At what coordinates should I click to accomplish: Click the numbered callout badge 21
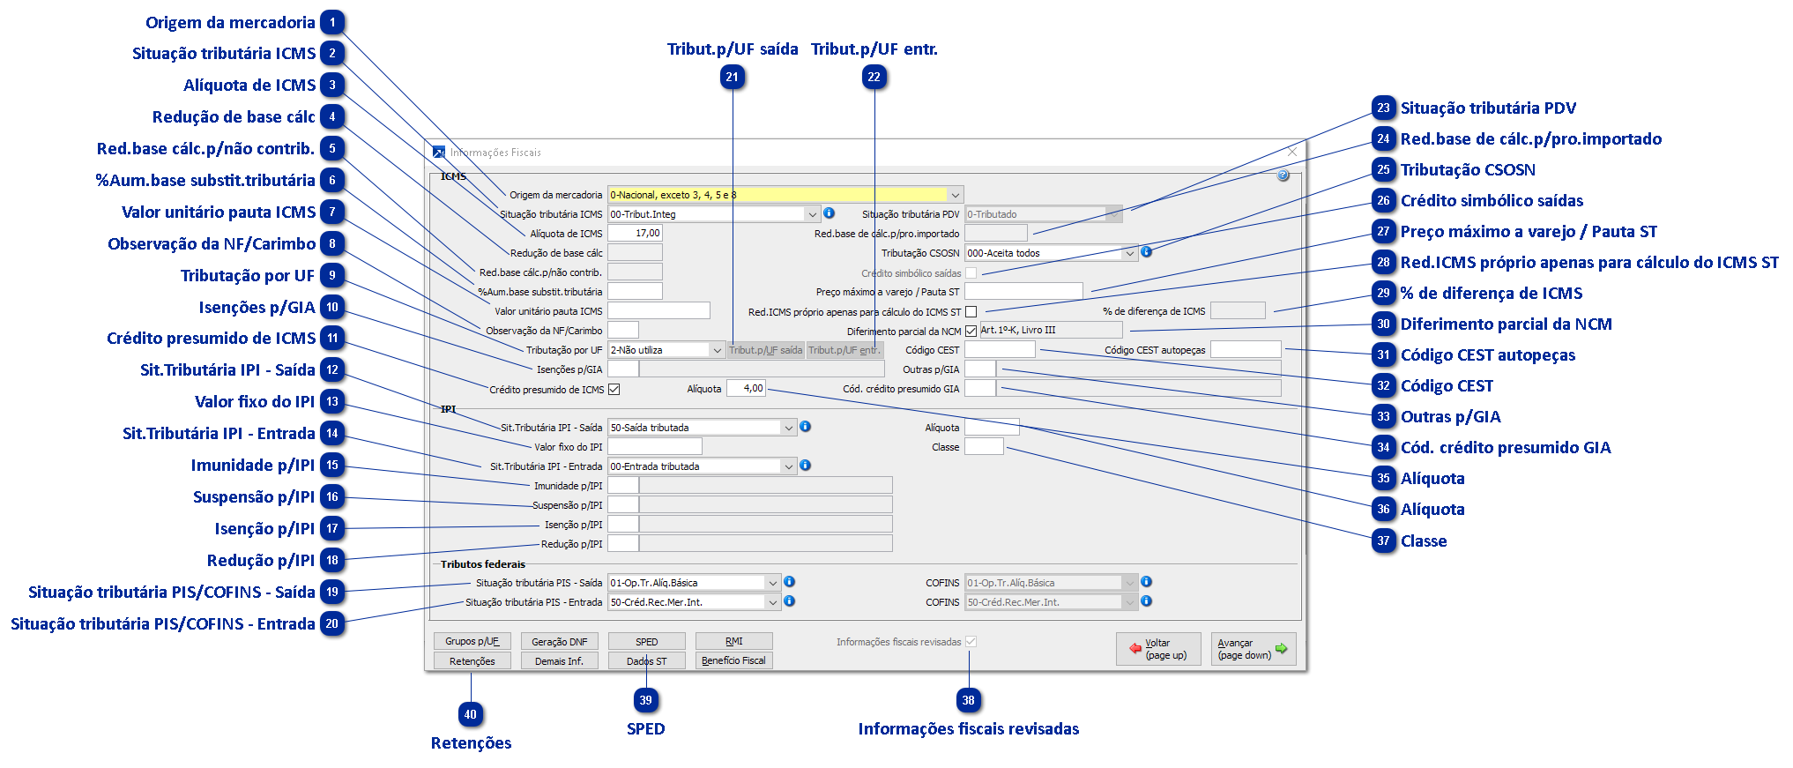pos(733,78)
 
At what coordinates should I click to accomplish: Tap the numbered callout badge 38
pos(969,701)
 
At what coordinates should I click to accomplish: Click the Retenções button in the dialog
pos(472,661)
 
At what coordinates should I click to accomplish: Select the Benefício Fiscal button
pos(733,660)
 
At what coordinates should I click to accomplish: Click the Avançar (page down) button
pos(1253,649)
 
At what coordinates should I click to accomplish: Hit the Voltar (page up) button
pos(1158,649)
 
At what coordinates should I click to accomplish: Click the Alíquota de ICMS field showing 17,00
pos(635,234)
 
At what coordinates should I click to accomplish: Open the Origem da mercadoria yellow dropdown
pos(785,195)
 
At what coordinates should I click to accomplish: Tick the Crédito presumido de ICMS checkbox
pos(614,389)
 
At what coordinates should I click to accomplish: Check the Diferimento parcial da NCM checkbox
pos(971,332)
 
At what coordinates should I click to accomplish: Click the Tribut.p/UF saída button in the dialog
pos(765,350)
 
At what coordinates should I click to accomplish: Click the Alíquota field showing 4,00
pos(746,388)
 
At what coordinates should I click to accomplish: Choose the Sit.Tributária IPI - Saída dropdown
pos(702,428)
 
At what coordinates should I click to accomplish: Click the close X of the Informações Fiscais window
pos(1291,152)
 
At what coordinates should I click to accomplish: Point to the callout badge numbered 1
pos(332,22)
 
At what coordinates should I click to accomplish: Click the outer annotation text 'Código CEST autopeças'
pos(1488,355)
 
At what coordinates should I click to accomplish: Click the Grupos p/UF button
pos(472,641)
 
